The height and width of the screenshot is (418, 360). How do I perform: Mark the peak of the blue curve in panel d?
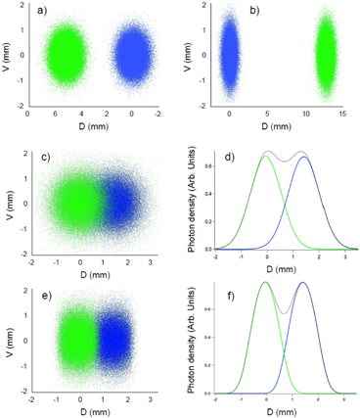pyautogui.click(x=304, y=158)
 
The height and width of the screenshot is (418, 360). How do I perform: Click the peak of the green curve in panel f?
pyautogui.click(x=265, y=283)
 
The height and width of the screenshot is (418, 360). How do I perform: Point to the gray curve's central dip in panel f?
pyautogui.click(x=284, y=313)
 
